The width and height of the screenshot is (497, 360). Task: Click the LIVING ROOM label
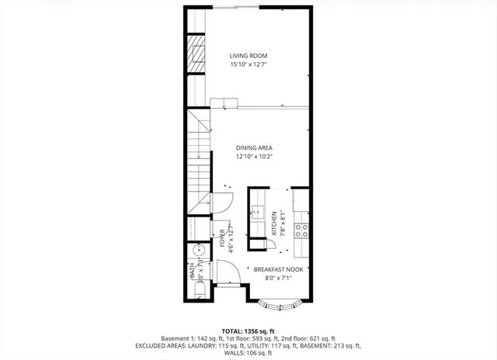click(248, 56)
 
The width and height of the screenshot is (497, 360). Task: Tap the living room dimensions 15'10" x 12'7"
click(248, 65)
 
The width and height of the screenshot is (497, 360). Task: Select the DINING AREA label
click(254, 147)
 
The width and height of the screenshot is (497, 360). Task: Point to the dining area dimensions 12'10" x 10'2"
click(254, 157)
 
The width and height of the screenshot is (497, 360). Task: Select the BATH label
click(191, 272)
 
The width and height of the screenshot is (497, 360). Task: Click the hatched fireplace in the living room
click(194, 57)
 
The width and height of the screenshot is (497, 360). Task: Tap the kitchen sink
click(257, 215)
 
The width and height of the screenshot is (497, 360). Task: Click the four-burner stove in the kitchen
click(304, 230)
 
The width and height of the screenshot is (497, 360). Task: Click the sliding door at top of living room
click(238, 7)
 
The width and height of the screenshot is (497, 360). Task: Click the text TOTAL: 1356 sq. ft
click(248, 331)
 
